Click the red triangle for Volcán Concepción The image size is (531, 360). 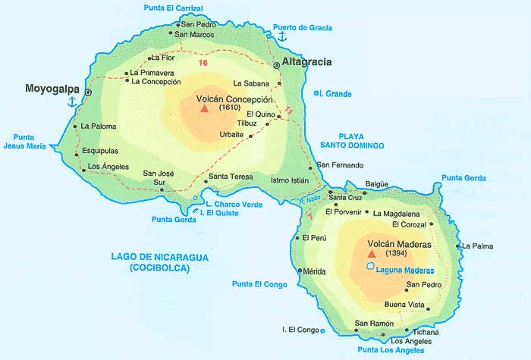click(203, 108)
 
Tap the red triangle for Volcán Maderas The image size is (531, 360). click(371, 255)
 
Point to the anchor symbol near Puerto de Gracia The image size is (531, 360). click(282, 36)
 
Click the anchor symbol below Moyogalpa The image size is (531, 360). click(72, 103)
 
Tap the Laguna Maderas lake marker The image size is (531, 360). click(369, 266)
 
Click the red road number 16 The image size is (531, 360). click(203, 63)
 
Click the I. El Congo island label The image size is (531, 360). click(300, 330)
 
